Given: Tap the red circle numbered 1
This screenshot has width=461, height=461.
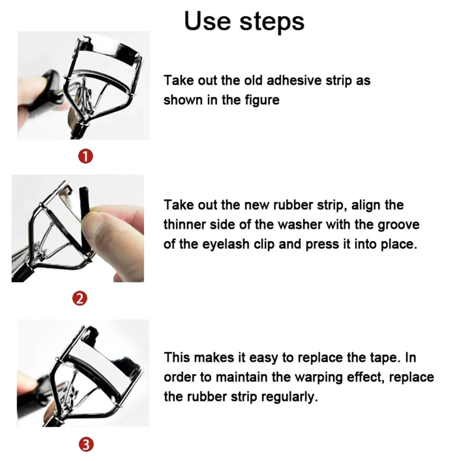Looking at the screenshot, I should [x=86, y=157].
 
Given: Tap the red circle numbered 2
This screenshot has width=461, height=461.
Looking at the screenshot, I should [x=80, y=298].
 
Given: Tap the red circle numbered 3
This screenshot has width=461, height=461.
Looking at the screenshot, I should [x=86, y=445].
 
